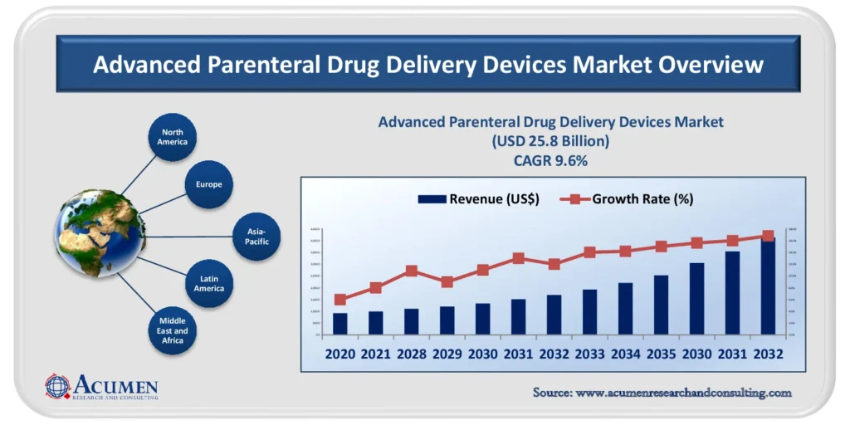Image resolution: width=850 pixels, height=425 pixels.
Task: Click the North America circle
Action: (x=173, y=137)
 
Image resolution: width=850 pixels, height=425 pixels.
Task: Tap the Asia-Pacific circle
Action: (x=252, y=236)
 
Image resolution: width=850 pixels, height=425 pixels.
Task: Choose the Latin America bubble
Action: (x=209, y=283)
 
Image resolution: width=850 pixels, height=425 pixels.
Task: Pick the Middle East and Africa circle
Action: (x=173, y=330)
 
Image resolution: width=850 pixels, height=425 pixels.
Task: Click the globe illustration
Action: (x=100, y=233)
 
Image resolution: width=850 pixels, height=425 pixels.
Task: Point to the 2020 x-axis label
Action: (x=340, y=354)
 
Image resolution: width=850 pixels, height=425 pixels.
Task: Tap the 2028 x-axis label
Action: (x=411, y=354)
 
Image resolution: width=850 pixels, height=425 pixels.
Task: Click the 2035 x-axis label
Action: (x=661, y=354)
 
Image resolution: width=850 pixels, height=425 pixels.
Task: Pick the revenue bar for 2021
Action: (x=375, y=322)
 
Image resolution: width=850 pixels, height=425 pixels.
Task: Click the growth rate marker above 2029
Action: (x=447, y=282)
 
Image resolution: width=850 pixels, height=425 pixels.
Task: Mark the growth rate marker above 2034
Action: (x=625, y=251)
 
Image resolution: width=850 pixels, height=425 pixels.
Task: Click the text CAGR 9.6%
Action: (x=550, y=161)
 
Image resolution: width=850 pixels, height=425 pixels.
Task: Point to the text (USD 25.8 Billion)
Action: (x=550, y=141)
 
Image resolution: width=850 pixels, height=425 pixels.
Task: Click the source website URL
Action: (x=662, y=393)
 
